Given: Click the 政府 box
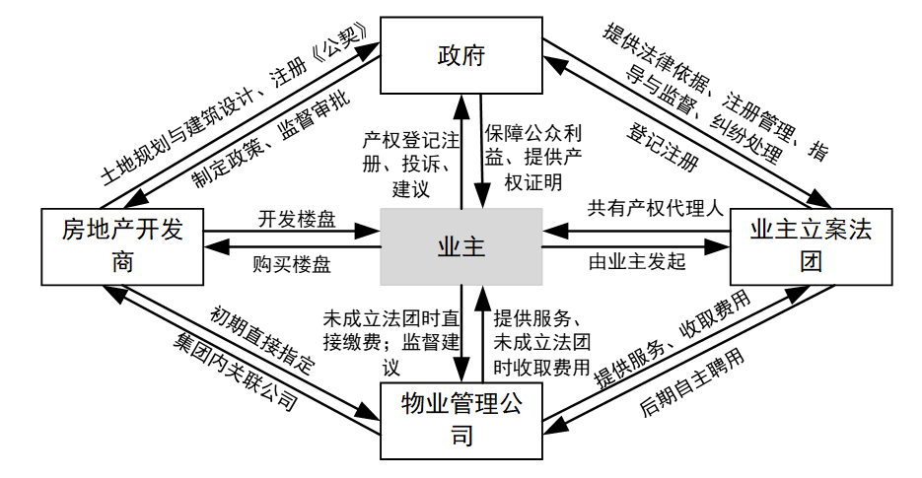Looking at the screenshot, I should [461, 55].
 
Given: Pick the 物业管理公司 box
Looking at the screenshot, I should [461, 421].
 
